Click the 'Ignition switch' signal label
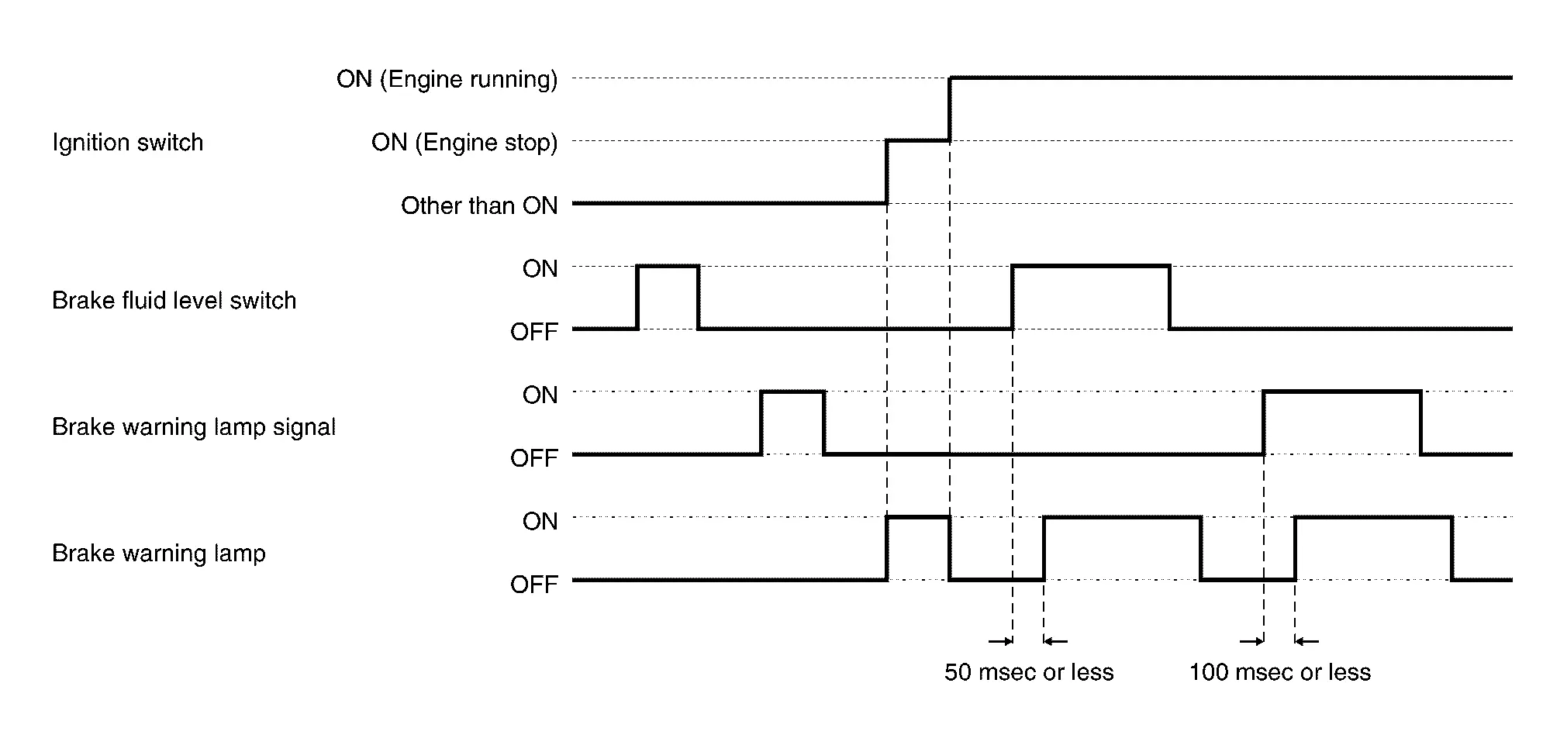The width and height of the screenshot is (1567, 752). (127, 143)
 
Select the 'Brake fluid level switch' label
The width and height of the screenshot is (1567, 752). (174, 301)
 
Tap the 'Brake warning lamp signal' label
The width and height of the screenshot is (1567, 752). (194, 427)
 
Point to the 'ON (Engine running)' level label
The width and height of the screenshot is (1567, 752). (447, 79)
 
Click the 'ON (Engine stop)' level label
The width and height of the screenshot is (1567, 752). (464, 143)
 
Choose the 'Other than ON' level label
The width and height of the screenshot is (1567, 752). (479, 205)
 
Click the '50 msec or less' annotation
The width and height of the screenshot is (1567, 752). (1029, 672)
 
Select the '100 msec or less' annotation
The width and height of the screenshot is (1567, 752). (1280, 672)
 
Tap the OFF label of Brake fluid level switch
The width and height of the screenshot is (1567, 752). (533, 332)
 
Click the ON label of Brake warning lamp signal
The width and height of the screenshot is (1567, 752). (540, 395)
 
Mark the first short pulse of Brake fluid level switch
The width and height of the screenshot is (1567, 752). (668, 267)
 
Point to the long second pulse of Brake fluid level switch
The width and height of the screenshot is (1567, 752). (1091, 267)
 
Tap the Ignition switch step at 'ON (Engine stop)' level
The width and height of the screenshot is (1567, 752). (918, 141)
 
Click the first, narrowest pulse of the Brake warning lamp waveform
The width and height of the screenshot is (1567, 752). (918, 517)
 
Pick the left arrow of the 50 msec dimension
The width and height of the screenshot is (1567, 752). (1000, 641)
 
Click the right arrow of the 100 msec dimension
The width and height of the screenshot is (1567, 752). (1307, 641)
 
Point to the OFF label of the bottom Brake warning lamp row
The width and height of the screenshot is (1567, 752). (533, 585)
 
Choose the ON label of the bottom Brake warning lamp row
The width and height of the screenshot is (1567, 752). (540, 522)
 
